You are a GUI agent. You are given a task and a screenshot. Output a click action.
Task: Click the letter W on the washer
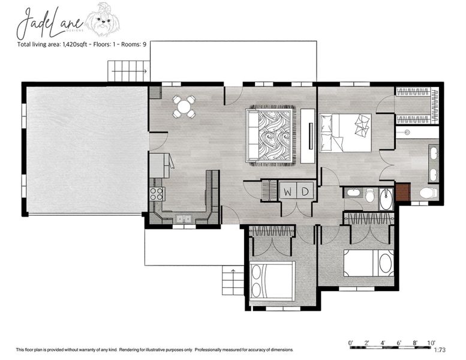288,192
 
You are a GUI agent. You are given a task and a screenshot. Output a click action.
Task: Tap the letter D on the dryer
305,192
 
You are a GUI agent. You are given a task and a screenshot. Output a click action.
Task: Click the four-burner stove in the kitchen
156,193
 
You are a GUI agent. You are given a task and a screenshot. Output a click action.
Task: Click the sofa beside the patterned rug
252,136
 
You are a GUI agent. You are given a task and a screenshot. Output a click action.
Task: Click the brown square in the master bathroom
402,193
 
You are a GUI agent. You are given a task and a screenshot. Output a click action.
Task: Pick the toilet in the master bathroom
427,193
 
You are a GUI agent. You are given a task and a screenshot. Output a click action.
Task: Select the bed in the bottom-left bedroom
272,281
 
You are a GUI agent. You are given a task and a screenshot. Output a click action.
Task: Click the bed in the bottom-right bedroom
368,263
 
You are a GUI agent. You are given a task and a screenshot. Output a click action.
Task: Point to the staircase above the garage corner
128,71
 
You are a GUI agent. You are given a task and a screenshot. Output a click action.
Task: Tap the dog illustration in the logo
103,19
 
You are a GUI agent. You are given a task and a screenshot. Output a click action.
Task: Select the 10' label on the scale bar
431,343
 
